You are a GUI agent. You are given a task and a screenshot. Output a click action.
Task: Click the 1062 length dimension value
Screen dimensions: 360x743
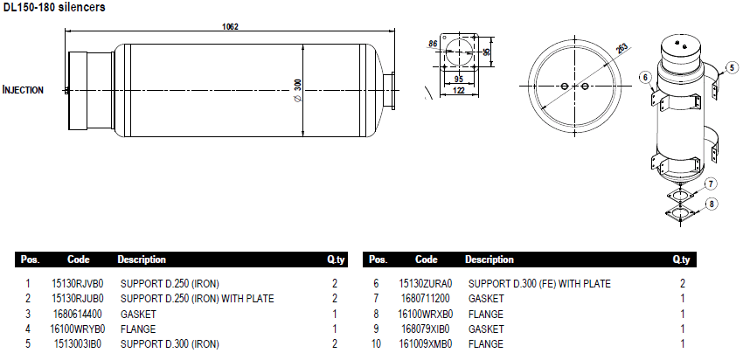click(x=231, y=27)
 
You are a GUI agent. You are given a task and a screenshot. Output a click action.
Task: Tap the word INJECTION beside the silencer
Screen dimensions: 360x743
click(x=24, y=90)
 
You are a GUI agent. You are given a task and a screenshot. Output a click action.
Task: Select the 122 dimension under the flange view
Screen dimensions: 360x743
click(x=458, y=89)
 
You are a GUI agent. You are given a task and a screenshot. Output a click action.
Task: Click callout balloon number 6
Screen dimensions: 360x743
click(x=646, y=77)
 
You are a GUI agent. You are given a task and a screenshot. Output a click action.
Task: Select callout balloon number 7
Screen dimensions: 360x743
click(x=712, y=183)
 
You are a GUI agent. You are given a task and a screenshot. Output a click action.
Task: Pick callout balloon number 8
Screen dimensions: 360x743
click(x=712, y=204)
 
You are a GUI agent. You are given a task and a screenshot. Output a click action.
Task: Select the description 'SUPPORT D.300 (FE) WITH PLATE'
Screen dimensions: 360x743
click(x=539, y=283)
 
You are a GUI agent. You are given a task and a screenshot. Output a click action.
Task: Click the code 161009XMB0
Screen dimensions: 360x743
click(x=426, y=344)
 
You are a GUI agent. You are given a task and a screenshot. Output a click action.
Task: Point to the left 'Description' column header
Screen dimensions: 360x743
click(x=142, y=260)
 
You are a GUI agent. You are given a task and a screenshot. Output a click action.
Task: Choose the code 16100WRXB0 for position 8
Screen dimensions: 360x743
click(x=426, y=314)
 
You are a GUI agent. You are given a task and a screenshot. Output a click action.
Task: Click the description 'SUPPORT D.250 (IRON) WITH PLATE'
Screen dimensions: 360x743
click(x=198, y=298)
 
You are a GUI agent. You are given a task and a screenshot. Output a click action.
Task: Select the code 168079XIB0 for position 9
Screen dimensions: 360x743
click(x=426, y=329)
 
